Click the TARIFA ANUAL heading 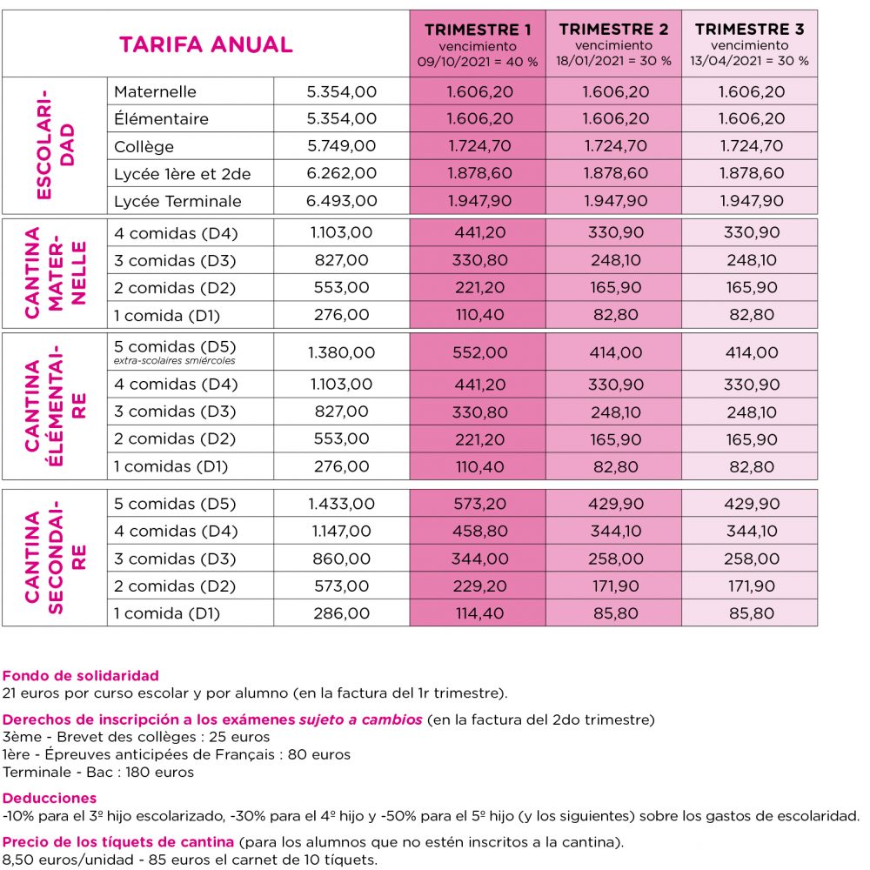(205, 44)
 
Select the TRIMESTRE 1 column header (478, 29)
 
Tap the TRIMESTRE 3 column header (749, 29)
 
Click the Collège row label (144, 146)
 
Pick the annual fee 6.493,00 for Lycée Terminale (342, 201)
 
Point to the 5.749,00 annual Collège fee (342, 146)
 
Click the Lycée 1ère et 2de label (182, 174)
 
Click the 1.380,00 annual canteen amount (341, 352)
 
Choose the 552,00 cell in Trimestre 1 (478, 352)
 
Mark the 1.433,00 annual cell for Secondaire (341, 504)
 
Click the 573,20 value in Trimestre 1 (478, 504)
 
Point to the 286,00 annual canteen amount (341, 613)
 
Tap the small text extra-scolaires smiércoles (175, 360)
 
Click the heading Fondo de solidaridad (81, 675)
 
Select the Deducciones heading (50, 798)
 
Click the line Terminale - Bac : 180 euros (98, 772)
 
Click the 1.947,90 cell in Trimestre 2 (614, 201)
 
